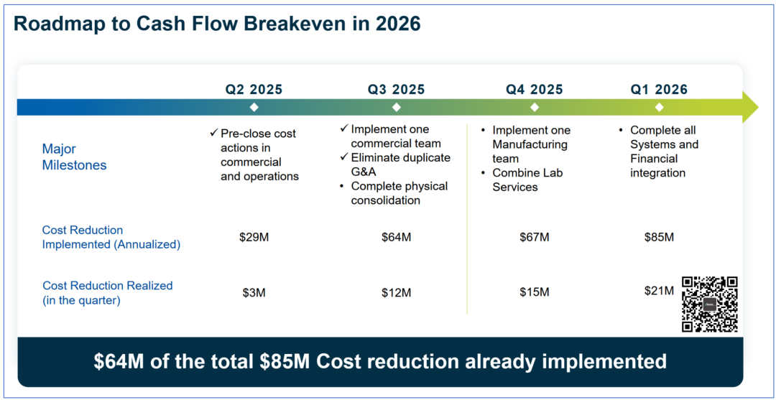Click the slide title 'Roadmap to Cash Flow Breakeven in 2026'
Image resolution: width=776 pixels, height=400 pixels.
click(x=217, y=24)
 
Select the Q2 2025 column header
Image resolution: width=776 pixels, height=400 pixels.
click(x=254, y=90)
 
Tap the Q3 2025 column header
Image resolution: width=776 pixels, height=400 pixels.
click(x=396, y=90)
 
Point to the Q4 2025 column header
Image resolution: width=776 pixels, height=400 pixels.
click(x=534, y=90)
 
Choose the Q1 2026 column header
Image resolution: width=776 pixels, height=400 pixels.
click(x=659, y=90)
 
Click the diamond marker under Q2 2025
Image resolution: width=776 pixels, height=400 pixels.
click(x=254, y=107)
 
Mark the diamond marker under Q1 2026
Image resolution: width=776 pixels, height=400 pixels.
click(x=659, y=107)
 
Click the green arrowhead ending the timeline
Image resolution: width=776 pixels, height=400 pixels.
click(x=749, y=107)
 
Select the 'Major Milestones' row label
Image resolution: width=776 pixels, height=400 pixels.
click(x=74, y=157)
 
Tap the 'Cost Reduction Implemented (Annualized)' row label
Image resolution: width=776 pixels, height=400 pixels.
click(x=111, y=237)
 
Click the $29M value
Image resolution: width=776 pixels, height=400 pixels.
click(x=254, y=237)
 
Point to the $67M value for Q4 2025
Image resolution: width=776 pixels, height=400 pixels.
click(x=534, y=237)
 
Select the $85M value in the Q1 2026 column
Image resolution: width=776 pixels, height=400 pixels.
click(x=659, y=237)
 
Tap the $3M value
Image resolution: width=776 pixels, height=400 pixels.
click(x=254, y=292)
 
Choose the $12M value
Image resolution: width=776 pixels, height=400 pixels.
click(x=396, y=292)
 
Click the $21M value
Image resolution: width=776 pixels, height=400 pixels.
click(x=659, y=291)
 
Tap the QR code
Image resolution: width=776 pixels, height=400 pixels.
click(x=709, y=304)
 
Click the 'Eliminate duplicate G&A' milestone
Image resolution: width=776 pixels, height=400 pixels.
click(x=399, y=164)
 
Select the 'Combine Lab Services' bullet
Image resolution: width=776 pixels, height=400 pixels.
click(x=527, y=180)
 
